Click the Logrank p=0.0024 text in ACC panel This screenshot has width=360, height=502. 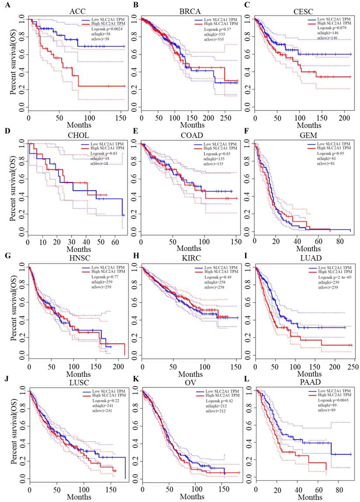pyautogui.click(x=92, y=30)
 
